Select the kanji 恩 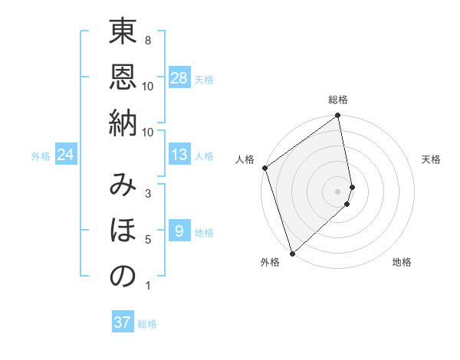point(123,78)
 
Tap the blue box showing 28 point(179,78)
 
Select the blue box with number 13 point(179,155)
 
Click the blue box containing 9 point(179,232)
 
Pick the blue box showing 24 point(66,155)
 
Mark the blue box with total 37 point(122,322)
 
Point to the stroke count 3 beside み point(147,193)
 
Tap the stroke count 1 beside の point(147,286)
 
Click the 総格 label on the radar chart point(338,100)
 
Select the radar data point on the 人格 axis point(264,168)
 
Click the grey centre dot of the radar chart point(338,190)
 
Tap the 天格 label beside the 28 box point(204,80)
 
